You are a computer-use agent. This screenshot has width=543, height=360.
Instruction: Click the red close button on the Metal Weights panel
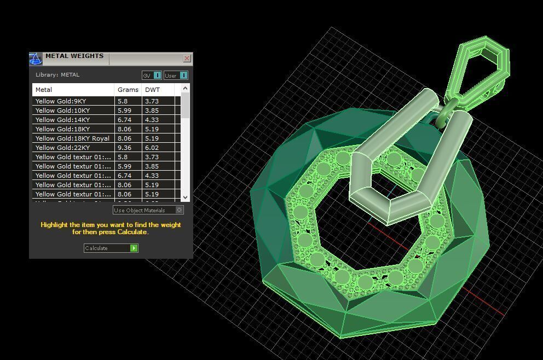click(187, 58)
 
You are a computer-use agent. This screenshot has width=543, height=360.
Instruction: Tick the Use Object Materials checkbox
click(179, 210)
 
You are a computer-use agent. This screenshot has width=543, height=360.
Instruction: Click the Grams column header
click(128, 90)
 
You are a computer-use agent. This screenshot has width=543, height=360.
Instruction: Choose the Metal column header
click(44, 90)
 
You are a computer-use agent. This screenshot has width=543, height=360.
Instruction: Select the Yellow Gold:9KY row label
click(61, 101)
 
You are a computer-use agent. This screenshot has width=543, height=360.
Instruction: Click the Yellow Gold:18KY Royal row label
click(72, 138)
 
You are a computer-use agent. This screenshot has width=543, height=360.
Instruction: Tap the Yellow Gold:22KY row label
click(62, 148)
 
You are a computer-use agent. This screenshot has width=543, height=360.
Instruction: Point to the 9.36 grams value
click(124, 148)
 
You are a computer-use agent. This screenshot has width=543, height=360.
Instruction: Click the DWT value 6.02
click(152, 148)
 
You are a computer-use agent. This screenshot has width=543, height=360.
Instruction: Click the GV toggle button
click(152, 76)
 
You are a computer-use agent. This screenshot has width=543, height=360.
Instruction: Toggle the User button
click(176, 76)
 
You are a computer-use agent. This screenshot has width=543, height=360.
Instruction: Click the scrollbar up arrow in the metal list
click(185, 88)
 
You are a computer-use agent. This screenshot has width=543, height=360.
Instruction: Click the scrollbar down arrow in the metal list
click(185, 197)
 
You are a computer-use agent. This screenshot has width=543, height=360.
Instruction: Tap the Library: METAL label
click(57, 75)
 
